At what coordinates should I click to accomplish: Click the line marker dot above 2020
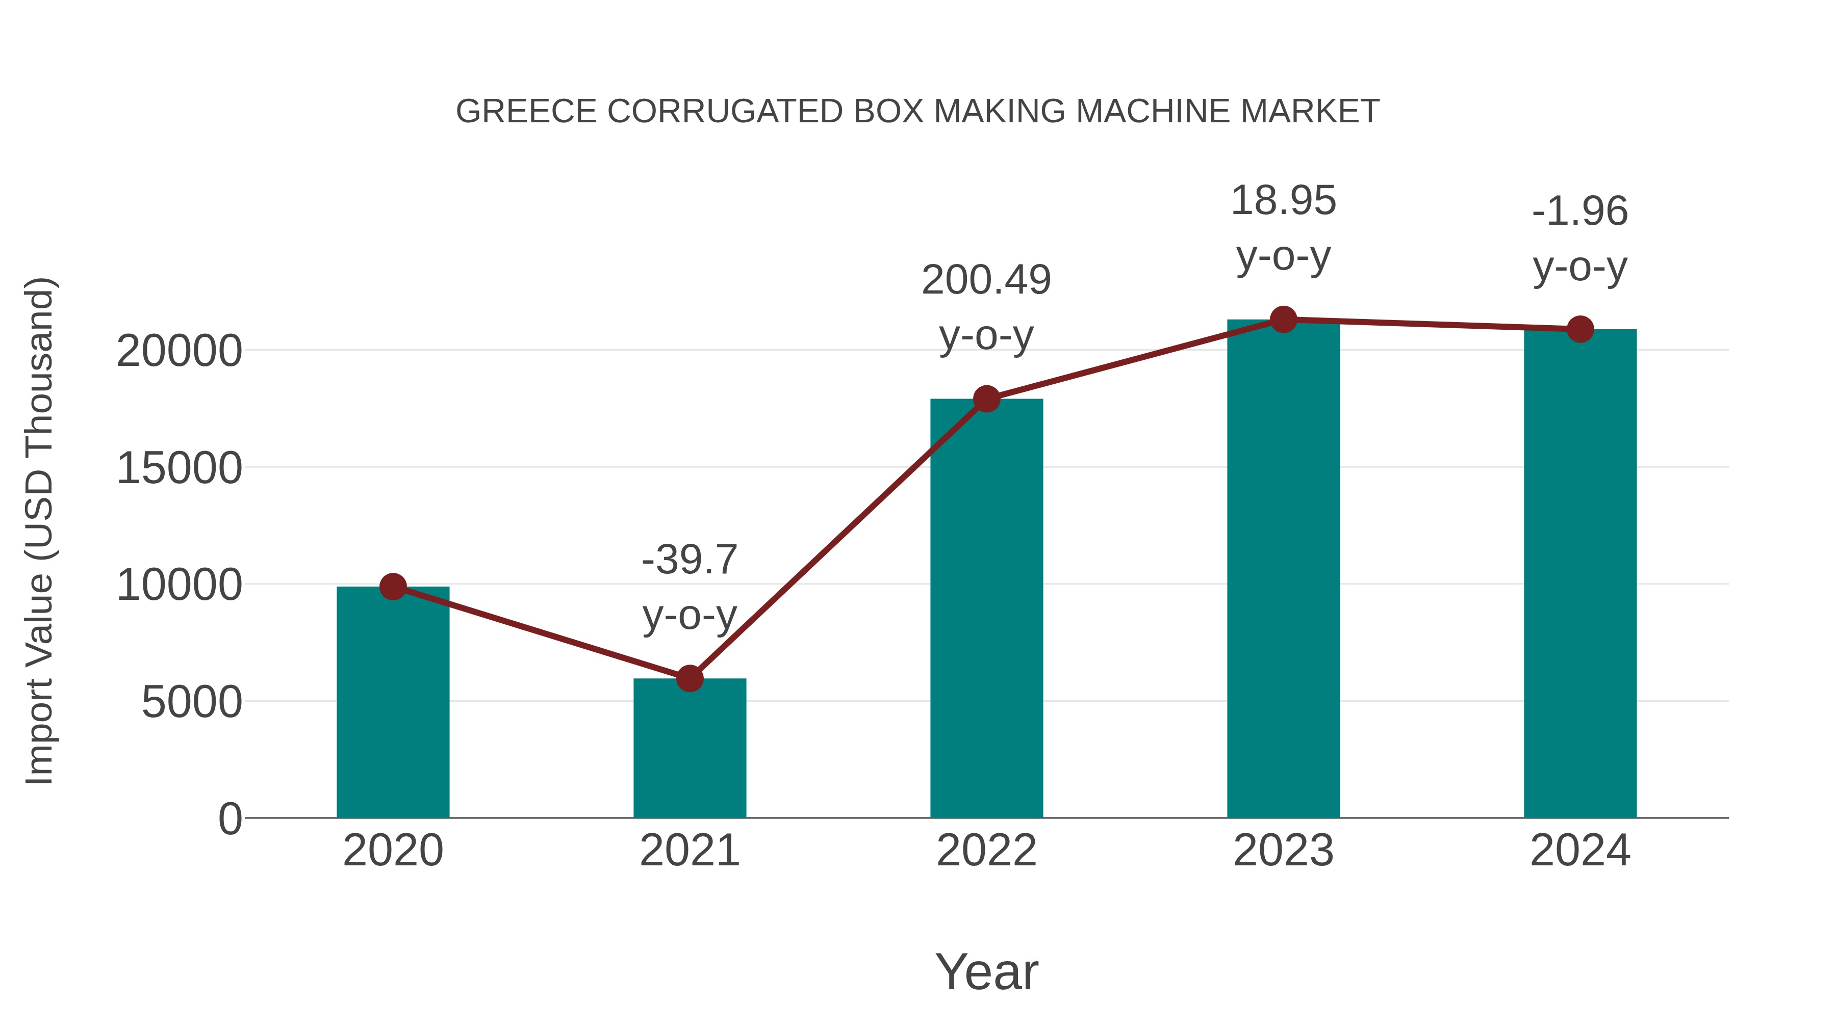click(x=393, y=587)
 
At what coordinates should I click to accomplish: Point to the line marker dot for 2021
click(x=689, y=679)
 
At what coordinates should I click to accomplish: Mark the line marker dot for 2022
click(x=986, y=399)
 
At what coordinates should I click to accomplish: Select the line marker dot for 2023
click(x=1283, y=320)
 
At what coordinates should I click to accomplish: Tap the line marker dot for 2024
click(x=1580, y=329)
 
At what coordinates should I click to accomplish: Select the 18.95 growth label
click(x=1283, y=201)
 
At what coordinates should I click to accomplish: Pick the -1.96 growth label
click(x=1580, y=211)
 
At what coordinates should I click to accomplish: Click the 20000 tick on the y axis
click(x=179, y=351)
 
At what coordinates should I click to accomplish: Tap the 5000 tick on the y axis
click(x=192, y=702)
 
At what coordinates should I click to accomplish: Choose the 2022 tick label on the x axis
click(x=986, y=851)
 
